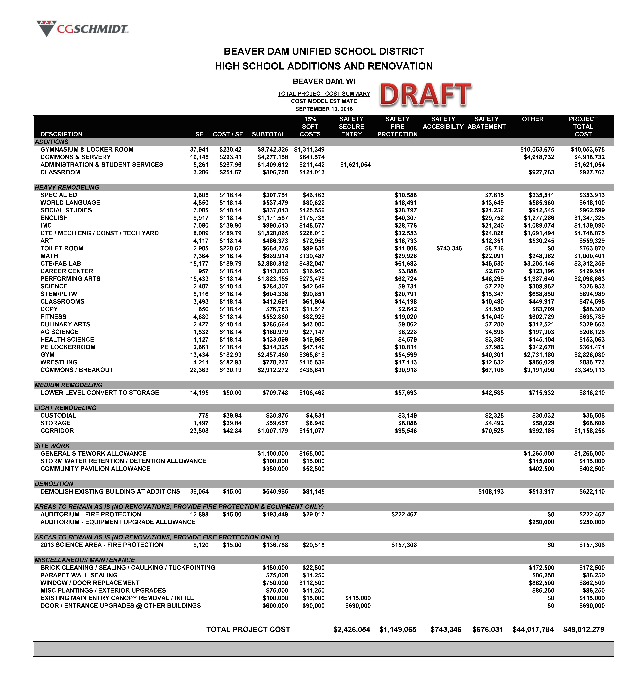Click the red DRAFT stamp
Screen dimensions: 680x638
point(425,95)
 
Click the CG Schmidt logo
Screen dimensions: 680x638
point(82,28)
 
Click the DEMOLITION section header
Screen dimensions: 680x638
point(54,484)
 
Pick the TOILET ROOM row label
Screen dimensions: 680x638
point(62,248)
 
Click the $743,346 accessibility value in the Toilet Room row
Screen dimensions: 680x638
point(449,248)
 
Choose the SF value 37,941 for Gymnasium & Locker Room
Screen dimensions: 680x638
point(199,149)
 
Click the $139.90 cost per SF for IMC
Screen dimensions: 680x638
point(230,225)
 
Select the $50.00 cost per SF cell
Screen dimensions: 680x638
point(232,393)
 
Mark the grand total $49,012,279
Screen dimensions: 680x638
point(584,629)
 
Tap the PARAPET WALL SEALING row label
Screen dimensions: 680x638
point(79,575)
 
